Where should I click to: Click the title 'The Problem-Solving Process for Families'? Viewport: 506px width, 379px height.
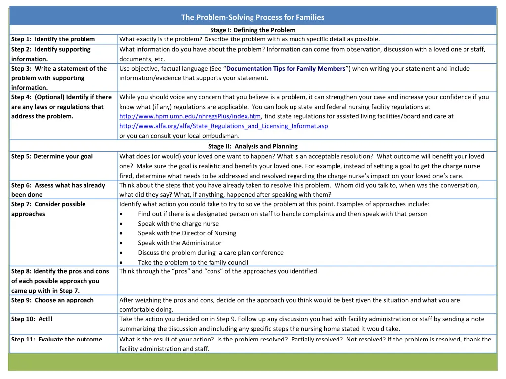pos(253,17)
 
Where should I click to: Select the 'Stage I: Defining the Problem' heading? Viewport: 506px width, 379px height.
pos(253,30)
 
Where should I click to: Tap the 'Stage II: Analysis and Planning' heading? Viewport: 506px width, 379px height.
pos(253,146)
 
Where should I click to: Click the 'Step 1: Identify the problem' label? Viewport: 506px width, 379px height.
pos(53,39)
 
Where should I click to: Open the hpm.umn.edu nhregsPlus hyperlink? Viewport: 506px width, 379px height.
pos(190,116)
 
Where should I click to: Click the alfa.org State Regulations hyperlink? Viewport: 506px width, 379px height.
pos(223,126)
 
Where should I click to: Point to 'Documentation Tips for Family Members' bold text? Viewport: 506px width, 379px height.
pos(286,69)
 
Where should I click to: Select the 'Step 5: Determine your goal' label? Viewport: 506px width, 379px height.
pos(52,156)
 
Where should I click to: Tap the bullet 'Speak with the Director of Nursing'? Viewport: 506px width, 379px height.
pos(187,233)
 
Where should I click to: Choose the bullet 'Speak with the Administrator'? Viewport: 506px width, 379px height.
pos(179,243)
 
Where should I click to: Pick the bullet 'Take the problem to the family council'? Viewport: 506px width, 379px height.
pos(193,263)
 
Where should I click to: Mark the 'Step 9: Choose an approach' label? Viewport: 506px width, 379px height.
pos(52,300)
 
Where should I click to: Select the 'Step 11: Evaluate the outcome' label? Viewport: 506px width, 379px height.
pos(56,339)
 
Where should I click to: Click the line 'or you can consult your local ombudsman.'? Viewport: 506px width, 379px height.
pos(179,136)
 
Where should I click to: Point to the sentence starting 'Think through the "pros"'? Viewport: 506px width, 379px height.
pos(219,271)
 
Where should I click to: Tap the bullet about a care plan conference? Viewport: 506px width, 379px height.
pos(211,253)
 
